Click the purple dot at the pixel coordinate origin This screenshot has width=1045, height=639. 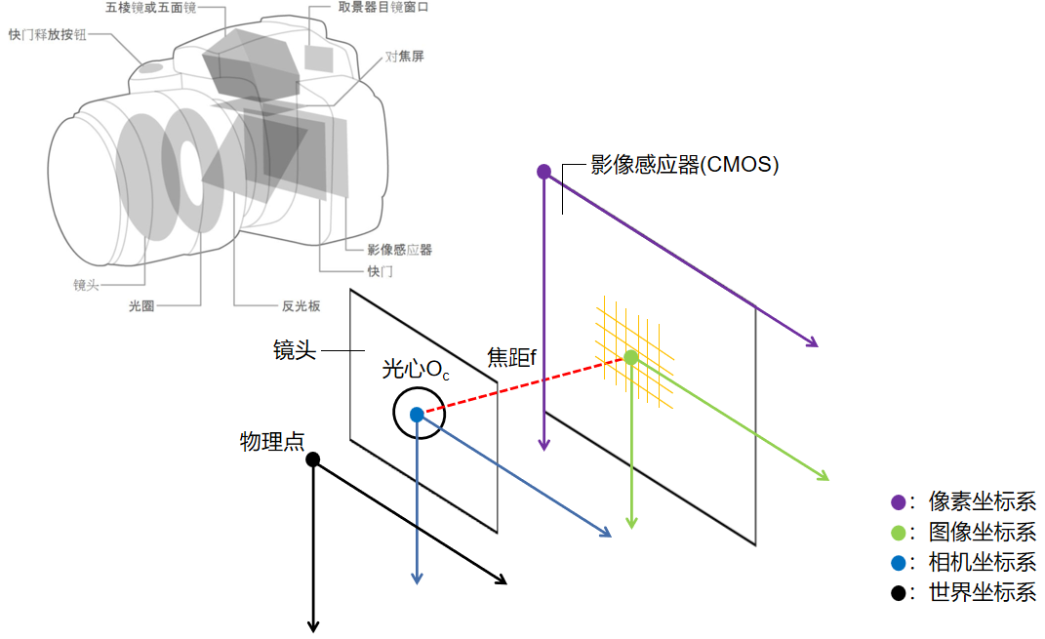[544, 172]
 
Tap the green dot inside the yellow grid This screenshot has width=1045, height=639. [631, 357]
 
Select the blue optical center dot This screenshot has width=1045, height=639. [417, 414]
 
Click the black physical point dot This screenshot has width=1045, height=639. [313, 459]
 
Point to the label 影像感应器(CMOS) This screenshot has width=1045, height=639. [684, 165]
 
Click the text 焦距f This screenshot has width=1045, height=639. [512, 358]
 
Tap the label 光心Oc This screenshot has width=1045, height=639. [416, 370]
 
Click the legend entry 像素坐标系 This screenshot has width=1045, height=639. [982, 502]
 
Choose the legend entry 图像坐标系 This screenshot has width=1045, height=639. [982, 533]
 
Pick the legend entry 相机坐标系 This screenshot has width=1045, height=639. [982, 562]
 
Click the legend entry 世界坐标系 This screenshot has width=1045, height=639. [982, 592]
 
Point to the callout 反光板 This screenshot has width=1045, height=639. [301, 306]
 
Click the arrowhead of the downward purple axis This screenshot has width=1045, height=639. [544, 445]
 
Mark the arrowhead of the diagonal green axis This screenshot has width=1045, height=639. [824, 477]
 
